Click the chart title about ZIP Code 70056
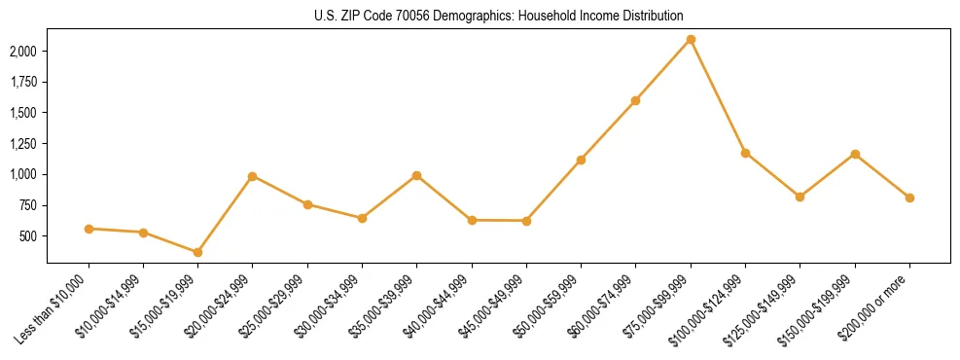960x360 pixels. point(498,16)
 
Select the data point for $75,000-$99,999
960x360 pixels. point(691,39)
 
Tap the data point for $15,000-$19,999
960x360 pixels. point(197,252)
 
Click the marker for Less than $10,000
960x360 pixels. point(89,229)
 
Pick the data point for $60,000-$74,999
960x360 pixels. point(635,100)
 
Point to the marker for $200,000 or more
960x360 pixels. point(909,198)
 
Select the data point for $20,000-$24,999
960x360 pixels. point(252,176)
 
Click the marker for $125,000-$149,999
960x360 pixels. point(800,197)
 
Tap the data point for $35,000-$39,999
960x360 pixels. point(416,175)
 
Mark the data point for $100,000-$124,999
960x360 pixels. point(745,153)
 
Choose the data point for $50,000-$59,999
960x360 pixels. point(581,160)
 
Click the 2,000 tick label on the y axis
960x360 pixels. point(23,51)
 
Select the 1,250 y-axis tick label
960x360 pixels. point(23,144)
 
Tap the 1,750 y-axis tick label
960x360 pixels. point(23,82)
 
